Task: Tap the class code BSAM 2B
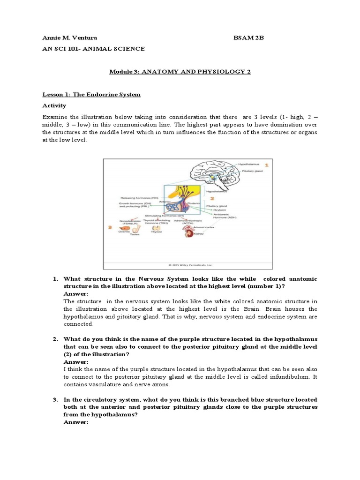tap(249, 38)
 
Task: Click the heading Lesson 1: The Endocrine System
tap(91, 94)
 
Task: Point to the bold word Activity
tap(54, 105)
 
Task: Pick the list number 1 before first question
tap(54, 279)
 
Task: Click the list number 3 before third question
tap(54, 400)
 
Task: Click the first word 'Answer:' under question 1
tap(75, 294)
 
